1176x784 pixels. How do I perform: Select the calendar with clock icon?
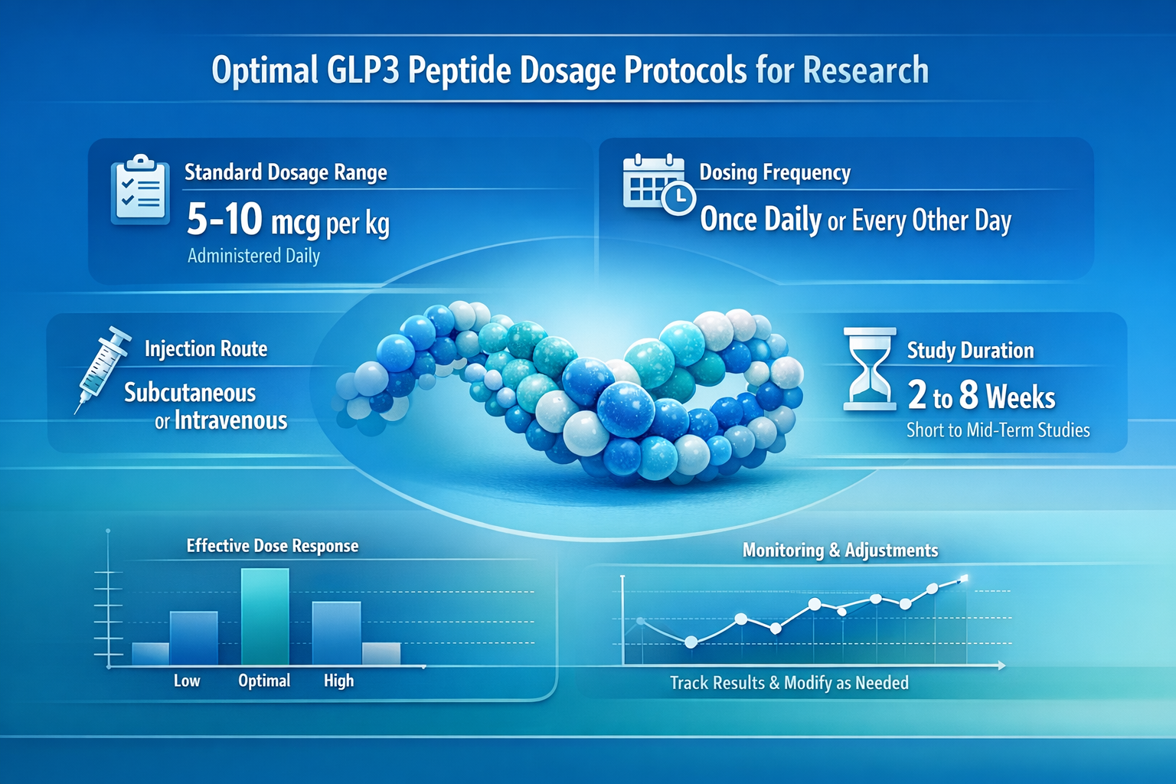point(657,185)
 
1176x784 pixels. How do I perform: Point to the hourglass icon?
point(870,369)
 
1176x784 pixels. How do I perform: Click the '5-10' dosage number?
point(224,220)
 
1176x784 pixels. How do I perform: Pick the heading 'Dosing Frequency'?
point(775,172)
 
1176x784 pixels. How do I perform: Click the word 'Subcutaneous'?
point(190,393)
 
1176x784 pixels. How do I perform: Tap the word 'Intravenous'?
point(230,420)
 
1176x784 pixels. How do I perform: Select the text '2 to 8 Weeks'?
point(982,396)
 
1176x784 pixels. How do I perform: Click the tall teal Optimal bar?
point(265,616)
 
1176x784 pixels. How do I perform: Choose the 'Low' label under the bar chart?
point(187,681)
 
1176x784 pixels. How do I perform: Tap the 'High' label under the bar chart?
point(338,681)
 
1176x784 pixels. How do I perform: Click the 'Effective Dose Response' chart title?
point(273,546)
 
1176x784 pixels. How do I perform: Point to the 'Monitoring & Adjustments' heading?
point(840,550)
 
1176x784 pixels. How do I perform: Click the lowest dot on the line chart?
point(691,642)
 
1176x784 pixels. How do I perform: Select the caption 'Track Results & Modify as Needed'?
point(789,683)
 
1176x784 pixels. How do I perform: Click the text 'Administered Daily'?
point(253,256)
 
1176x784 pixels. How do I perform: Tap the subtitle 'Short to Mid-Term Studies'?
point(998,430)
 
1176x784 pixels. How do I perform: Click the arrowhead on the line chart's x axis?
point(1001,666)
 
